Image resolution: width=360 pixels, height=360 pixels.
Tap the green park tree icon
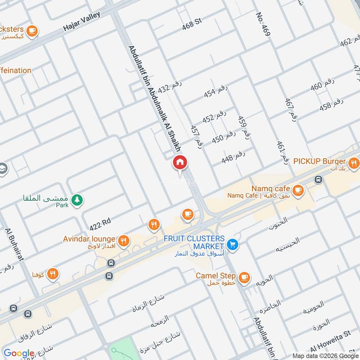(x=77, y=200)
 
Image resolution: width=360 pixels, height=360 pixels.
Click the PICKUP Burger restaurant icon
(x=354, y=162)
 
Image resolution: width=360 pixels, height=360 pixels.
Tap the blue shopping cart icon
(x=233, y=244)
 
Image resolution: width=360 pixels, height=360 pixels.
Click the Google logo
(x=19, y=353)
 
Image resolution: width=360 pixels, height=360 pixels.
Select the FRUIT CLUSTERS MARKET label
(x=194, y=242)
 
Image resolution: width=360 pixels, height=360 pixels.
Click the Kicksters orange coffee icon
(x=31, y=31)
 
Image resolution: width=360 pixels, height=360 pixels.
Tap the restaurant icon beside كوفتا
(x=53, y=273)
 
